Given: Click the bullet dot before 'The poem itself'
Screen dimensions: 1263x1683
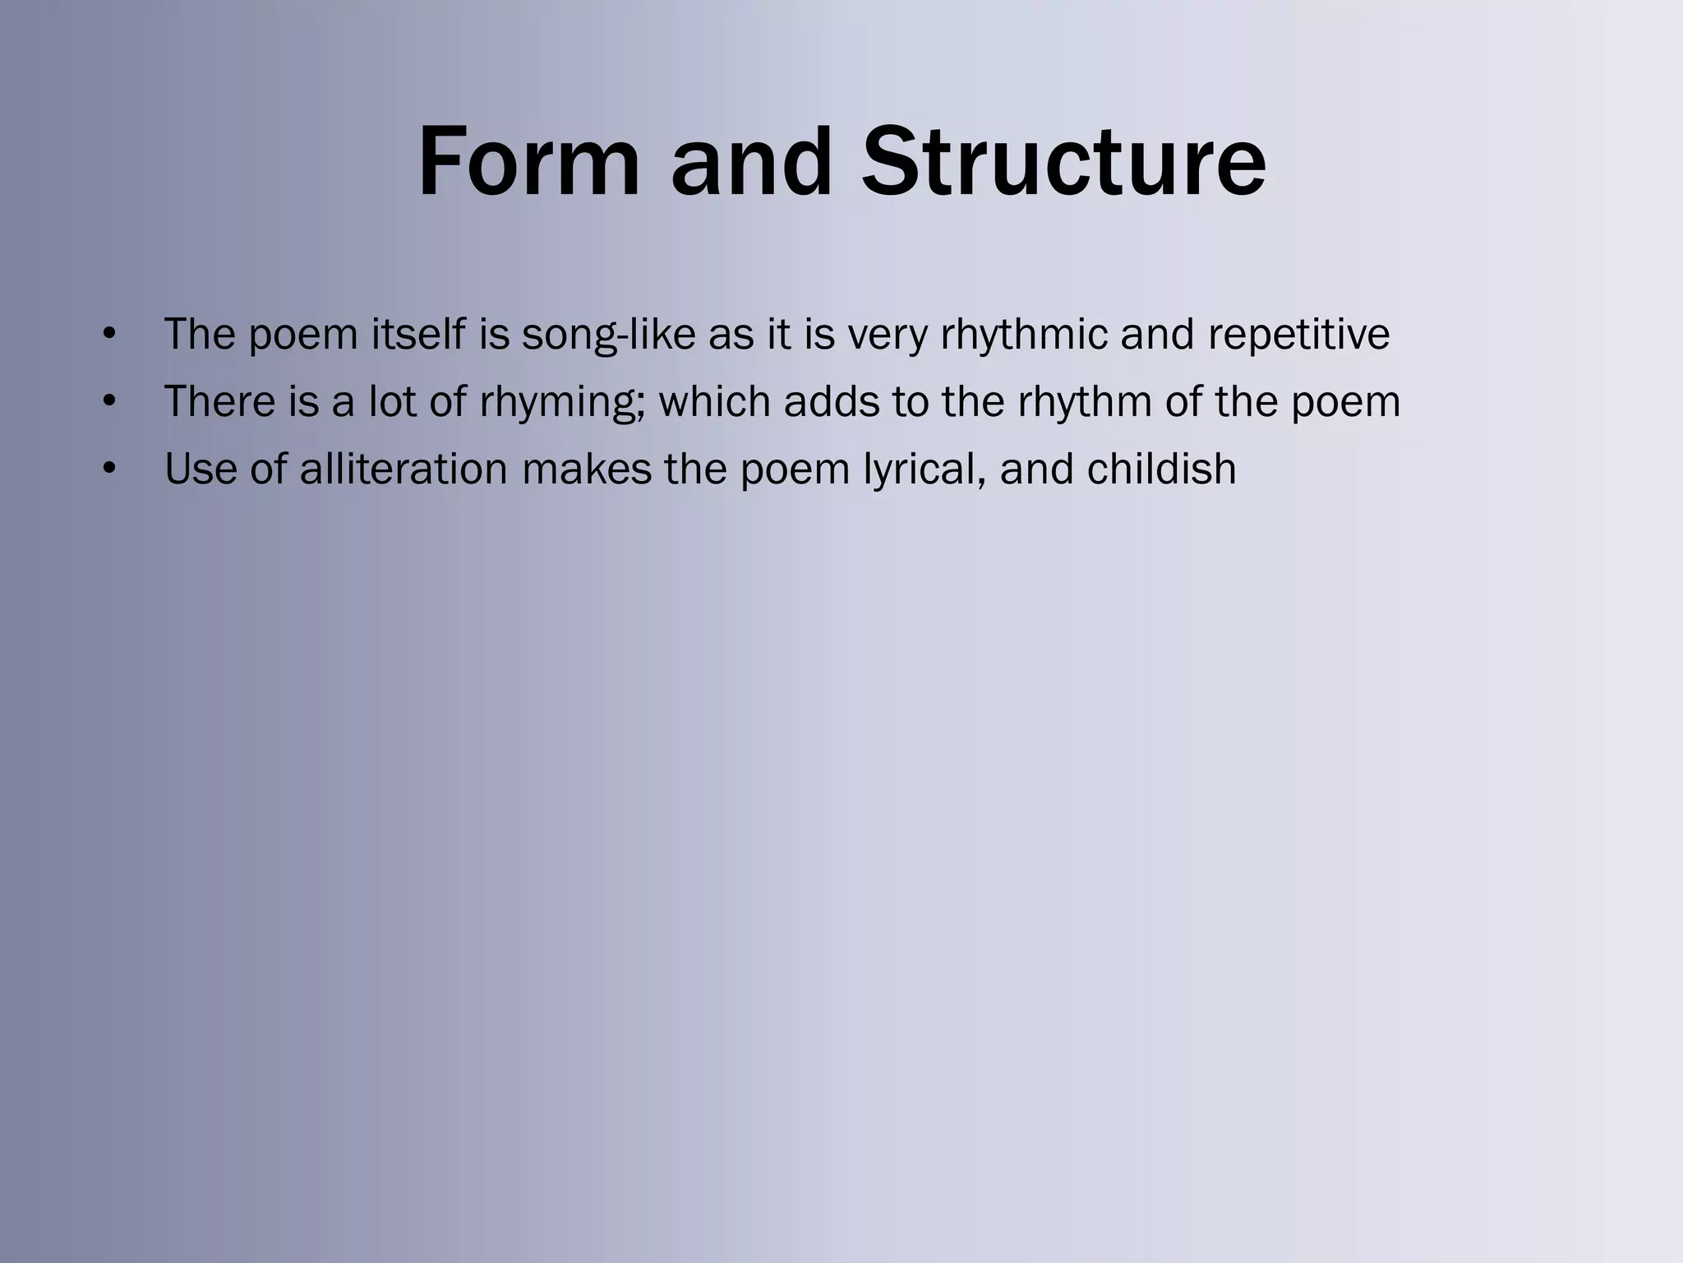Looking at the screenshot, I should click(109, 335).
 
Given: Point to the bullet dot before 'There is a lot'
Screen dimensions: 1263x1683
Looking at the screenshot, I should click(109, 402).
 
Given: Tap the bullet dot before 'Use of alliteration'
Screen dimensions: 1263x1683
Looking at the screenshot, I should click(109, 470).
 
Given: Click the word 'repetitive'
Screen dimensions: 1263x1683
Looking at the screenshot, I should click(1298, 335).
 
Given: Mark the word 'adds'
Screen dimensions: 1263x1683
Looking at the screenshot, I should click(831, 402).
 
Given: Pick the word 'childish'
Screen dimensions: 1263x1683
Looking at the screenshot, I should click(1160, 470).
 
